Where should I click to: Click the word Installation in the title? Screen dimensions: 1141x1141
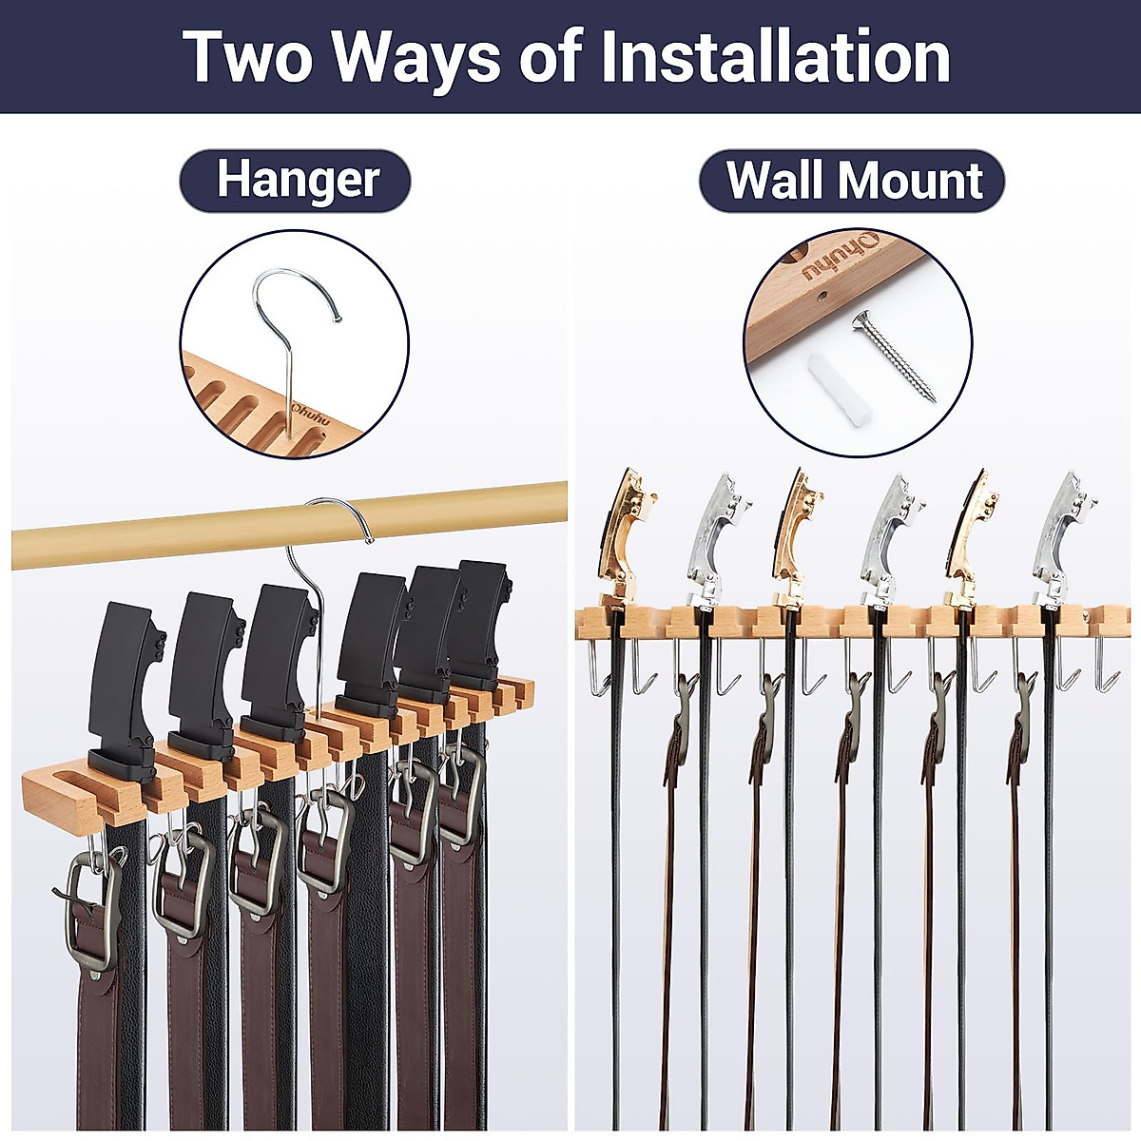(x=775, y=57)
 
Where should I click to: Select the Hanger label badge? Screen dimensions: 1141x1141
(x=296, y=181)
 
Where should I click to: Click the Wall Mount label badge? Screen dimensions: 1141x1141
(x=852, y=181)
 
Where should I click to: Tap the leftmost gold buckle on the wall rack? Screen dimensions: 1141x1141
(x=623, y=537)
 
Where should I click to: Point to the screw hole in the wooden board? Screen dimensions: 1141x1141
(x=820, y=297)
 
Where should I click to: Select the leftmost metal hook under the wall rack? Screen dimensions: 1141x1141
(x=594, y=666)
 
